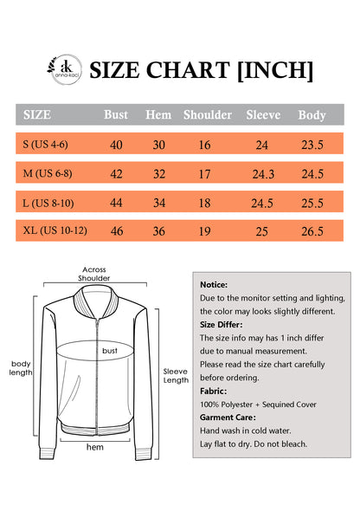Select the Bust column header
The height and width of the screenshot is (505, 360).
click(116, 114)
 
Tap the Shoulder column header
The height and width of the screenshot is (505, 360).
click(208, 114)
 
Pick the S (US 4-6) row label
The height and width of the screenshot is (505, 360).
click(48, 145)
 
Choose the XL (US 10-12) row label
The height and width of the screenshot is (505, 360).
click(55, 231)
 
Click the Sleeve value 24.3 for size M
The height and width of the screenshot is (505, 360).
click(263, 174)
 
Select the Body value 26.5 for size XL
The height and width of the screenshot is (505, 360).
click(312, 231)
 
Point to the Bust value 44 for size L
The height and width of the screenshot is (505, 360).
click(116, 203)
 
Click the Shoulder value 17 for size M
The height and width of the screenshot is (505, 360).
click(204, 174)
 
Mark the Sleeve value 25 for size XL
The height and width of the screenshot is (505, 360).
click(262, 231)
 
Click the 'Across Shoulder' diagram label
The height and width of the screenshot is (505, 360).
click(94, 274)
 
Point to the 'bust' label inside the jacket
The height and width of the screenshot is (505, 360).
click(110, 351)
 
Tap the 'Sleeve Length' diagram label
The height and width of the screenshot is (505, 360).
click(176, 375)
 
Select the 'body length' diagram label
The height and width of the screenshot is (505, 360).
click(22, 367)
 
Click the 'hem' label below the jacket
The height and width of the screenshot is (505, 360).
click(94, 447)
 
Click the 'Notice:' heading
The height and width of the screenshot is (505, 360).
click(214, 284)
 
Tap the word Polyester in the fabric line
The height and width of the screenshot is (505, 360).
click(240, 404)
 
